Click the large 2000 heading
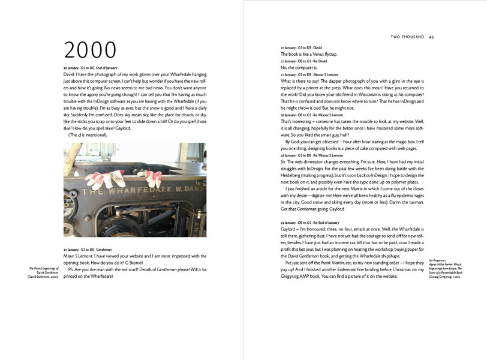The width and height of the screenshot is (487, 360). (90, 50)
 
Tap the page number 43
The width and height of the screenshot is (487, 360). (431, 37)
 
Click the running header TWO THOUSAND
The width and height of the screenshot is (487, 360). (407, 37)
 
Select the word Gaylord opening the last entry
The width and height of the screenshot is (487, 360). (290, 230)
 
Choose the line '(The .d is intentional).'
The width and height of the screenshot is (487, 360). (88, 135)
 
